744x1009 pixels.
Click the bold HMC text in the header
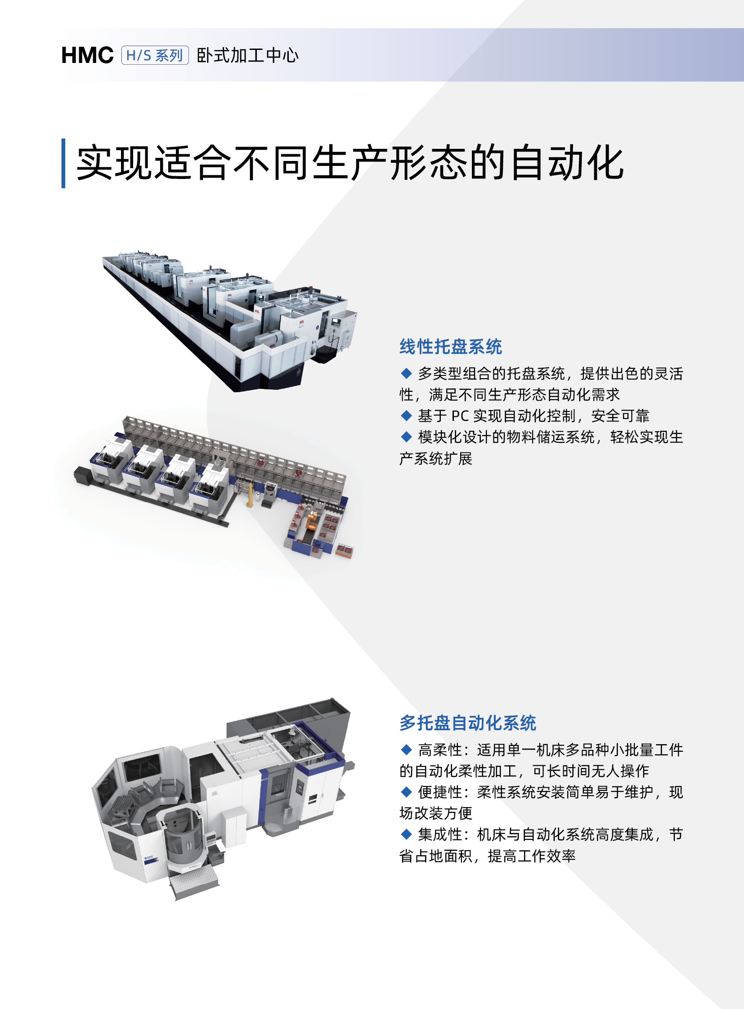87,55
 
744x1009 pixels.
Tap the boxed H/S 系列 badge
155,55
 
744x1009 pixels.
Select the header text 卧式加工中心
248,55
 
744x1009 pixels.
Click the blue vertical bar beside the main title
63,163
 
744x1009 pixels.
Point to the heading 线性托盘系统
451,346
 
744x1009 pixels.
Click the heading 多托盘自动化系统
468,723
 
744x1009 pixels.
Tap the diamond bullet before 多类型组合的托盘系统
406,373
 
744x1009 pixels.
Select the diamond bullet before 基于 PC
406,415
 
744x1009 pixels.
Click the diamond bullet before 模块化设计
406,436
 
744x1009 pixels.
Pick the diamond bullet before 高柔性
406,749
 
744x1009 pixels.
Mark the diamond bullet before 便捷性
406,791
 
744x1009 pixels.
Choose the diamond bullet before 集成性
406,834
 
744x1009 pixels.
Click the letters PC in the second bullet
461,415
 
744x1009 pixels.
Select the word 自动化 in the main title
568,163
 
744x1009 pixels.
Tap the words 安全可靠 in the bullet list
620,415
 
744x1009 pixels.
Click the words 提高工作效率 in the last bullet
532,856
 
